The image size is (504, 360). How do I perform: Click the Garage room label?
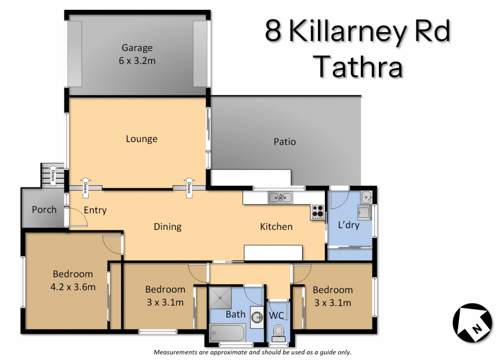137,48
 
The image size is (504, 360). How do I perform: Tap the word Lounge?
141,139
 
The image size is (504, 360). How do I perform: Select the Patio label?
284,141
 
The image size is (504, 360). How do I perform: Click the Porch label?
44,210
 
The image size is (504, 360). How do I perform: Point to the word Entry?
95,210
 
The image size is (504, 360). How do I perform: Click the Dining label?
167,227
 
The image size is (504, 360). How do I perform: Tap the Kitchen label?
276,227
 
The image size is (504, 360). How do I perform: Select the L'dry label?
349,225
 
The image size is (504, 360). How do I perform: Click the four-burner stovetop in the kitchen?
317,212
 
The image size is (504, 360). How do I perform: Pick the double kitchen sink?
280,197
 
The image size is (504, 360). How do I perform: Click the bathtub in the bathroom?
227,333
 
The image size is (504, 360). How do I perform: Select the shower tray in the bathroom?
220,298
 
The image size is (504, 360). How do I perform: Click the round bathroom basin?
257,318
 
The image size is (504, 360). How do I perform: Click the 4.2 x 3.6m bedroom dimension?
73,287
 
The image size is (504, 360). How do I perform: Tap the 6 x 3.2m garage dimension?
137,61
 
